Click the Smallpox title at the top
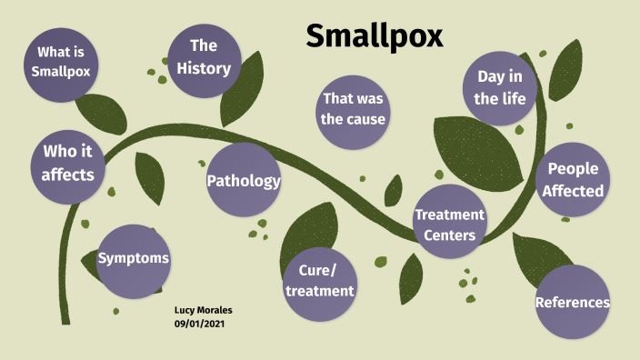pos(374,36)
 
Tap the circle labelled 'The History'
pos(204,56)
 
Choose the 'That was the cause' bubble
pos(353,108)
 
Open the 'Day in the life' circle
pos(500,88)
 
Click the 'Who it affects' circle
pos(67,162)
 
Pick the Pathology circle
pos(243,180)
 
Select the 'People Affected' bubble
pos(572,180)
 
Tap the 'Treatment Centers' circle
pos(449,224)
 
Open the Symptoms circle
pos(134,259)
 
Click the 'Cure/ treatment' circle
pos(318,281)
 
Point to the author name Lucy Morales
pos(204,310)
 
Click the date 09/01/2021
pos(199,324)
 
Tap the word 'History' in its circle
pos(204,67)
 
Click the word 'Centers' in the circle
pos(448,235)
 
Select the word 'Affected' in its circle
pos(572,191)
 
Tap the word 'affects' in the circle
pos(67,173)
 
